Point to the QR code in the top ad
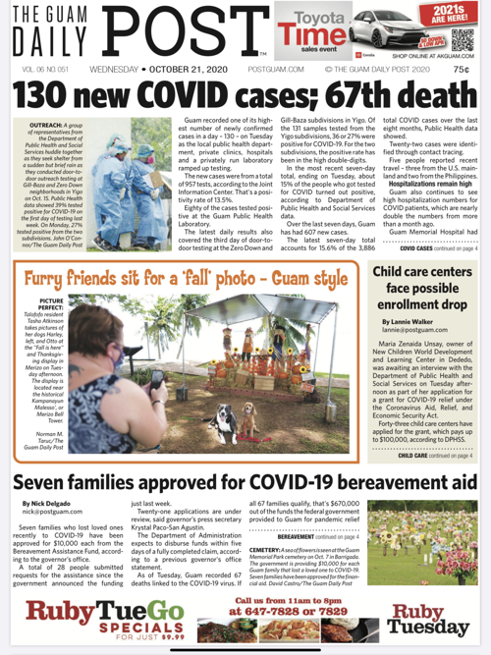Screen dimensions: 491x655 (465, 46)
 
